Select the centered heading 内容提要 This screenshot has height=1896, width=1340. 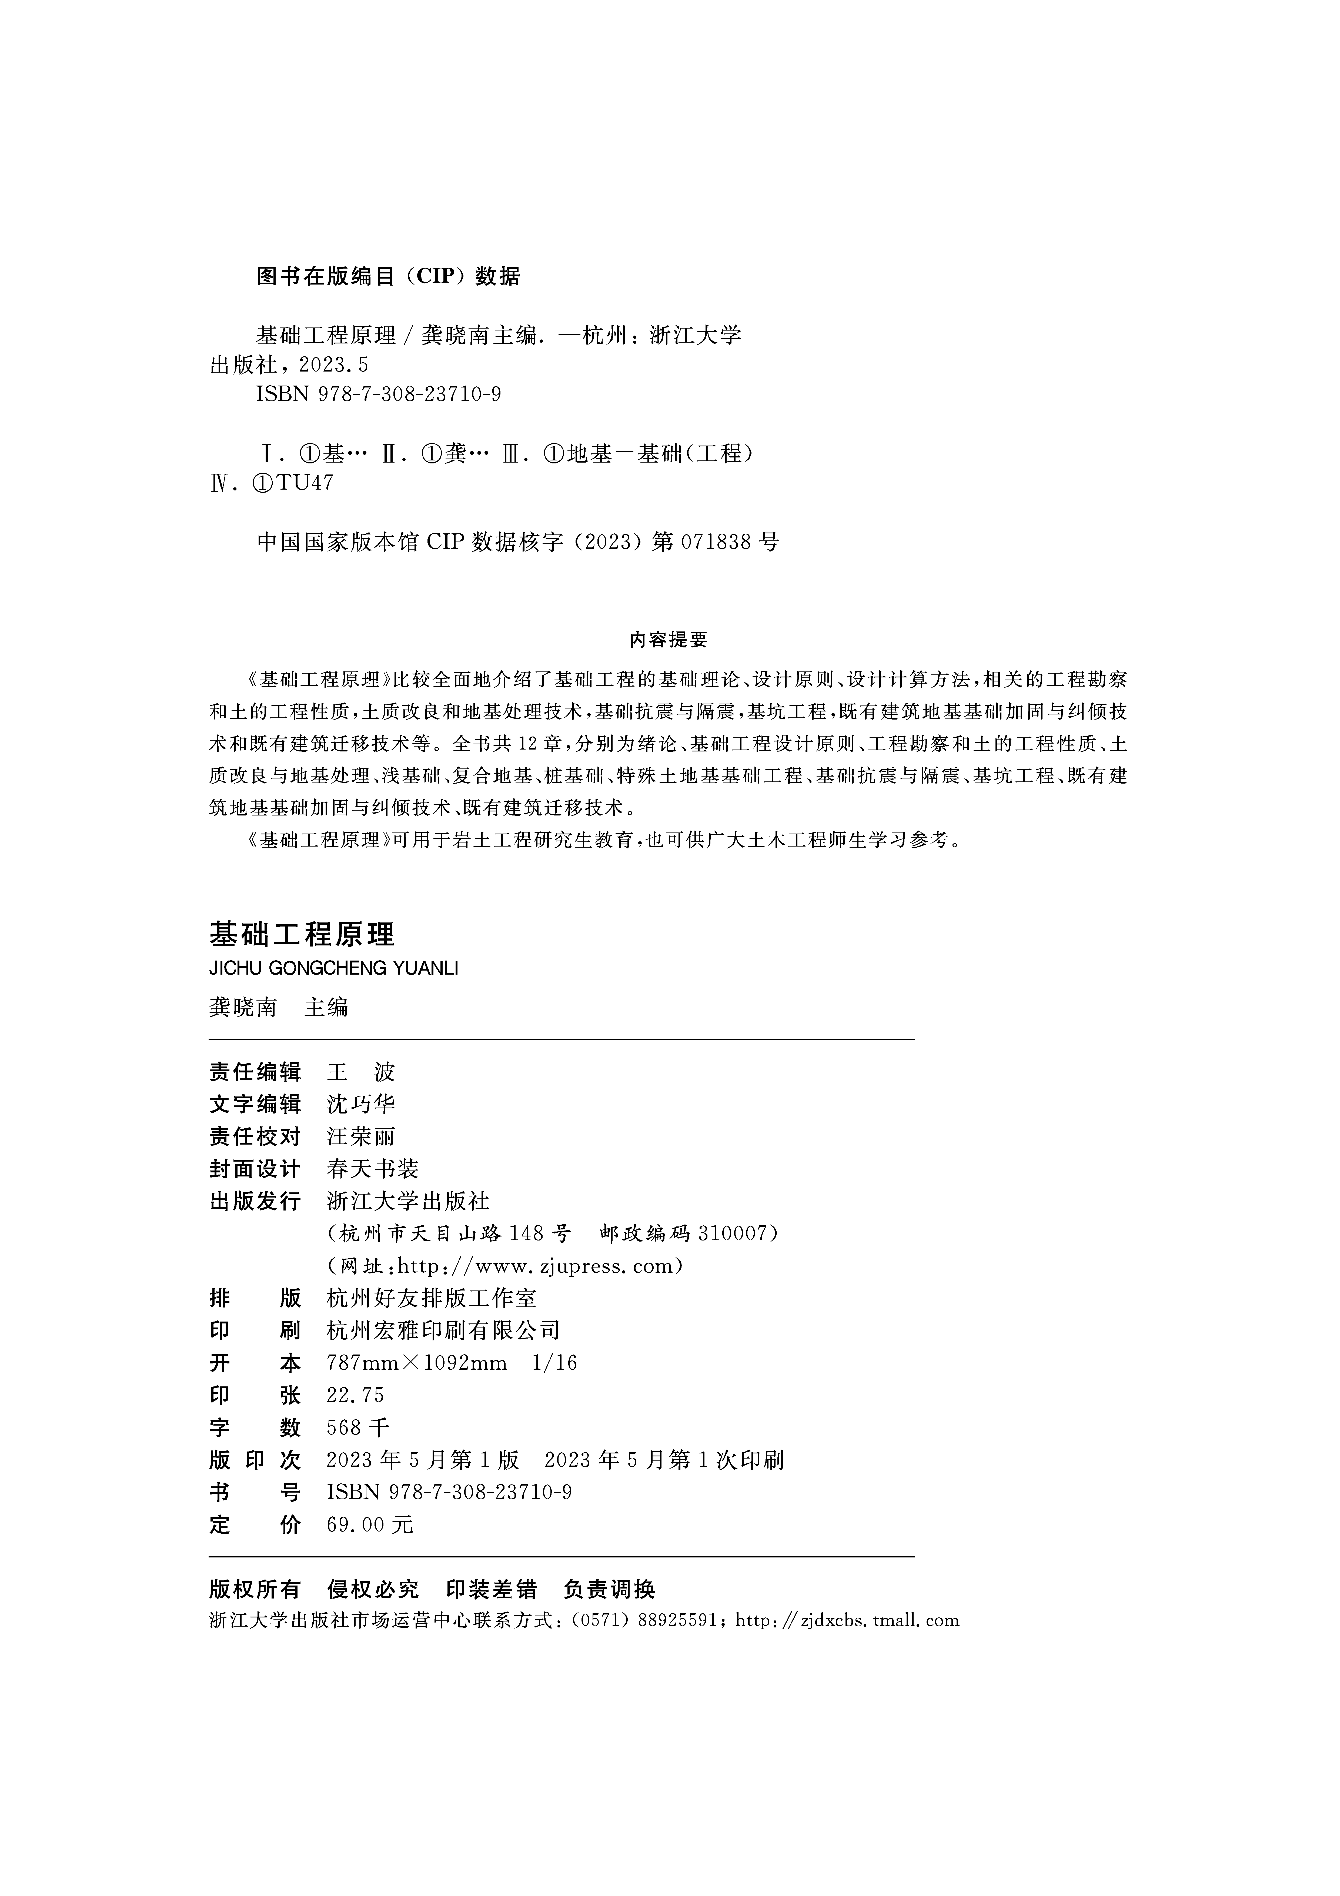click(669, 639)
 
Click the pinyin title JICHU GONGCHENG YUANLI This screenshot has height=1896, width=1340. click(333, 968)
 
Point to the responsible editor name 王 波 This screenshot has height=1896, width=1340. click(361, 1073)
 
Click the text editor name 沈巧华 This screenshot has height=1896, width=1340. click(361, 1105)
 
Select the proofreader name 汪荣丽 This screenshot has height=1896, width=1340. click(361, 1137)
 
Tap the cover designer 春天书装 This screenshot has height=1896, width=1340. click(372, 1169)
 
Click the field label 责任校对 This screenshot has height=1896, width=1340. click(255, 1137)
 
